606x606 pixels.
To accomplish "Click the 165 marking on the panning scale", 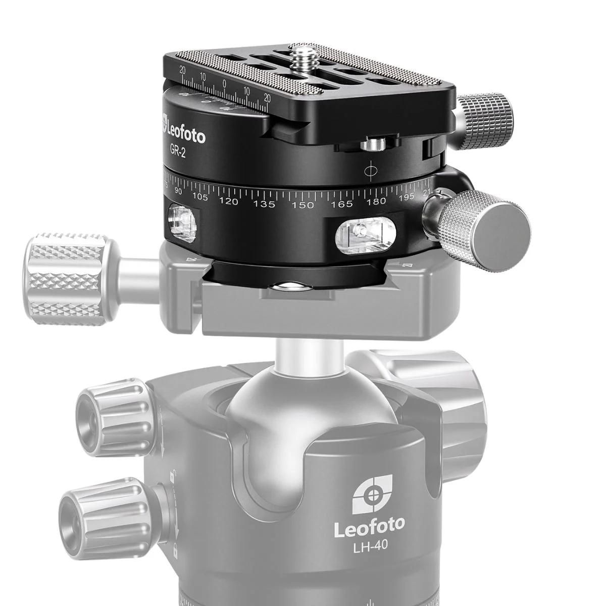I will (342, 204).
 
